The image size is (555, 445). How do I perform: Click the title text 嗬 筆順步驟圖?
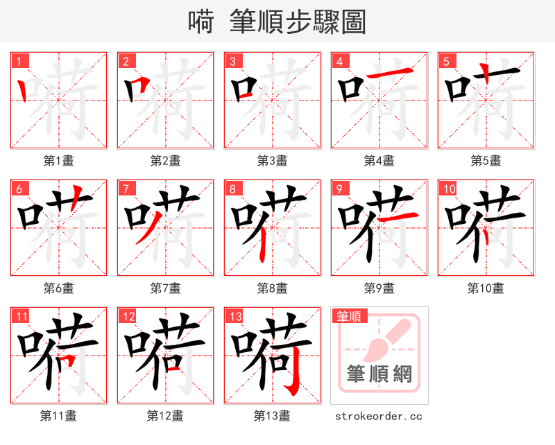[277, 21]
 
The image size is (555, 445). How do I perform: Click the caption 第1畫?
[58, 161]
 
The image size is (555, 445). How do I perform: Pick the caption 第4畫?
[379, 161]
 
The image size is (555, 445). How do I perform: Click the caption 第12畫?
[165, 416]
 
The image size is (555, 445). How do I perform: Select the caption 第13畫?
[272, 416]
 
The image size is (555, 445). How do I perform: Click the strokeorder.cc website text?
[379, 417]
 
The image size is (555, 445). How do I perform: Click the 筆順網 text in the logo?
[379, 375]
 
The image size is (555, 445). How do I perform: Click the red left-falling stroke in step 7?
[144, 229]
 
